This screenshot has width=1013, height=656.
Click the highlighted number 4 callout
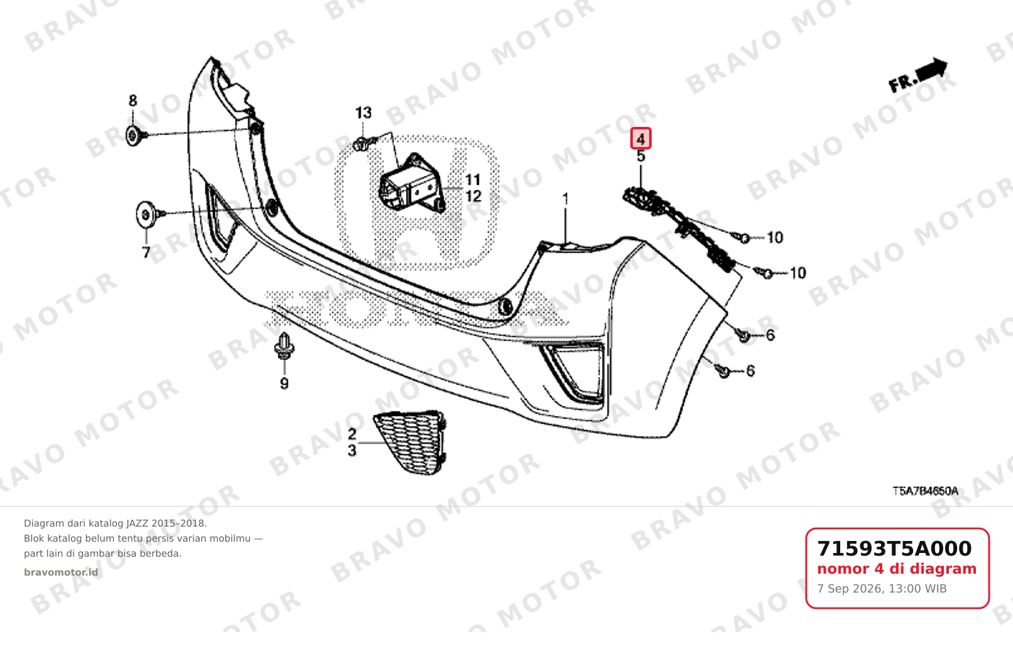[641, 139]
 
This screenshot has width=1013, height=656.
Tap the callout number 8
[133, 101]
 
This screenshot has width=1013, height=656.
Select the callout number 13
[363, 112]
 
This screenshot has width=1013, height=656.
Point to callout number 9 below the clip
[284, 383]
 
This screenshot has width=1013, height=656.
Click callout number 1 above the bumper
[565, 199]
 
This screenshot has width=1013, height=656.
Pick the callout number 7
[146, 252]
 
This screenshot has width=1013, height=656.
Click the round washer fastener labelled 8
[133, 136]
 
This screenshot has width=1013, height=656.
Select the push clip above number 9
[283, 346]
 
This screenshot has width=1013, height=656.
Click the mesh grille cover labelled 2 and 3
[410, 442]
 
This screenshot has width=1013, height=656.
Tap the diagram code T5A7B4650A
[925, 491]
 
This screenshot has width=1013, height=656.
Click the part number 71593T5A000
[894, 549]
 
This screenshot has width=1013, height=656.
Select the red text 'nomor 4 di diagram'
[897, 569]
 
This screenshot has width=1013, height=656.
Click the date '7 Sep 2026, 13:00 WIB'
[882, 589]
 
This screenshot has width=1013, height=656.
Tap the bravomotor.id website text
[61, 572]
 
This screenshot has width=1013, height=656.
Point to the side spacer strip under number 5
[678, 229]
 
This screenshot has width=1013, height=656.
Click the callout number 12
[473, 196]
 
